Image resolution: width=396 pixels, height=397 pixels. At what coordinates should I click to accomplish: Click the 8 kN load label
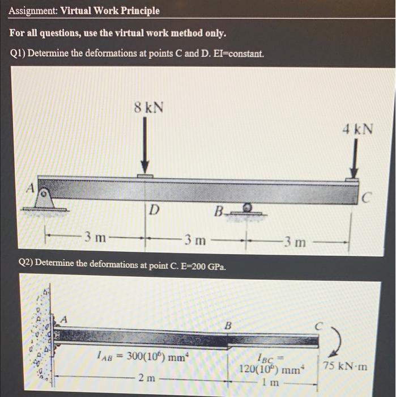(148, 107)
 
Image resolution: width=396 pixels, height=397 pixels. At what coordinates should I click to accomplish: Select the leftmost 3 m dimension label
(95, 236)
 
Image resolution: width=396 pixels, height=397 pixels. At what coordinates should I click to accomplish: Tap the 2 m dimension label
(147, 375)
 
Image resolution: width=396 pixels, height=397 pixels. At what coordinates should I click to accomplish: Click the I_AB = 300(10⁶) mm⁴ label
(141, 357)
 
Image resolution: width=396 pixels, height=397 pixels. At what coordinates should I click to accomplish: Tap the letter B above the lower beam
(228, 326)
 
